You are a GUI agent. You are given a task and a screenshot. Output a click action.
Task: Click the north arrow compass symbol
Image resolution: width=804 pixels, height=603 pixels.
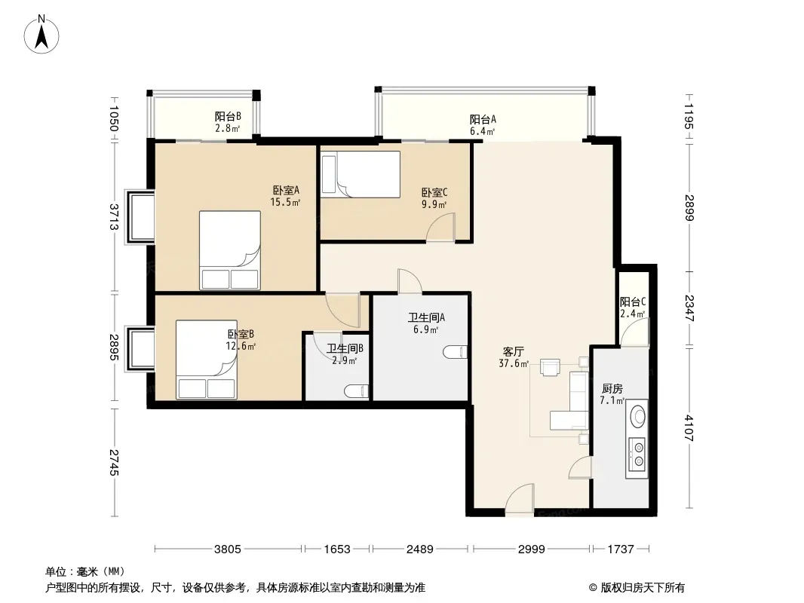pos(41,35)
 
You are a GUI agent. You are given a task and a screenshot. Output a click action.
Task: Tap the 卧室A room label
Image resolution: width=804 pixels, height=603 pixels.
pos(286,190)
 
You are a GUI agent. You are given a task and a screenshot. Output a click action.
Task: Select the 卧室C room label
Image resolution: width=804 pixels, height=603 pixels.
pos(434,193)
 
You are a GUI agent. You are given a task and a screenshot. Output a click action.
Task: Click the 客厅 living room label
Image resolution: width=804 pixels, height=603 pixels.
pos(513,352)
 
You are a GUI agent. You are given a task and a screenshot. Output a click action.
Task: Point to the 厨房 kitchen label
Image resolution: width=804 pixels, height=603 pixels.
pos(612,389)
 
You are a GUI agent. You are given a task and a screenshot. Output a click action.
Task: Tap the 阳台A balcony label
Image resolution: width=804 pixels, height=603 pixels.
pos(483,119)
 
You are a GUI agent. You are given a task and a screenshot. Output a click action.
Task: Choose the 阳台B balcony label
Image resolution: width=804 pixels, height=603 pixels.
pos(228,116)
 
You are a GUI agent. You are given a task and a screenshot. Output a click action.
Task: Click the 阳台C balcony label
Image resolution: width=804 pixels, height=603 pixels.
pos(633,302)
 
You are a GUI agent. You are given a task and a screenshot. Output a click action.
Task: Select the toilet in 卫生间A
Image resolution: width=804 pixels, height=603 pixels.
pos(456,352)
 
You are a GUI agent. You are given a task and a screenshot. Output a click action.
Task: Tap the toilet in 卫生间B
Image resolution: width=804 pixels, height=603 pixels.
pos(356,391)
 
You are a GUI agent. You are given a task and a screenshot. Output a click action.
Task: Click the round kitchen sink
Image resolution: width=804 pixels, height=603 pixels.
pos(638,416)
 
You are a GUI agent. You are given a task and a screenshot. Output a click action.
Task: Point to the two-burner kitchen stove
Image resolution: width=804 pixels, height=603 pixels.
pos(638,454)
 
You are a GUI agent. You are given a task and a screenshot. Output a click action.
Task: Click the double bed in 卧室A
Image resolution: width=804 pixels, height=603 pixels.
pos(230,250)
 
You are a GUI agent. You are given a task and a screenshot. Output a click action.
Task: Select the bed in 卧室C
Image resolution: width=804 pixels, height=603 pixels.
pos(360,174)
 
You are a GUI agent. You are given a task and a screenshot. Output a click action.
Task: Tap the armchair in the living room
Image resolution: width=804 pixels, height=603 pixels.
pos(550,367)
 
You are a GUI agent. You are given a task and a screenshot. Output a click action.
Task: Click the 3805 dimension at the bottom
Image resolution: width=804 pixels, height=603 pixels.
pos(227,549)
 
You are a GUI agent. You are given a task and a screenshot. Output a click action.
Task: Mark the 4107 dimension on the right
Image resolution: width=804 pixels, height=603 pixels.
pos(689,428)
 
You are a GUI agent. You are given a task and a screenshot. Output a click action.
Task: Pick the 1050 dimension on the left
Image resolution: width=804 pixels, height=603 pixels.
pos(114,118)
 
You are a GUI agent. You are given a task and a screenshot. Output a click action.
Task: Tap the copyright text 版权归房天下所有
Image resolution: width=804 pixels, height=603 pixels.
pos(642,588)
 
